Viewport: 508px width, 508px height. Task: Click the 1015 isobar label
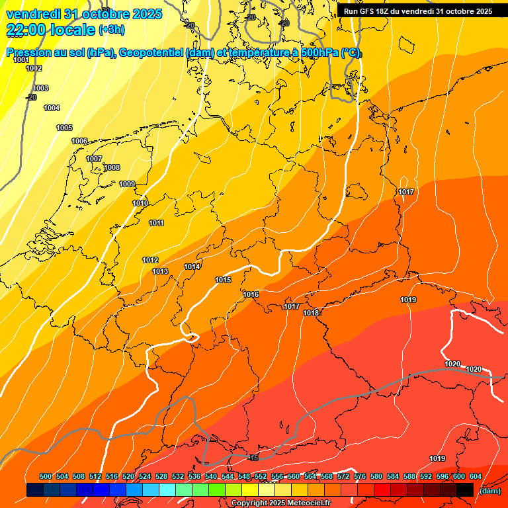click(223, 280)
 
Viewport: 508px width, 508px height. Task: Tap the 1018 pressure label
click(311, 313)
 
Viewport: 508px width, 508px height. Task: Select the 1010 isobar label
click(140, 203)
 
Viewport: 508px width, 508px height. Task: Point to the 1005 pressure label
click(64, 128)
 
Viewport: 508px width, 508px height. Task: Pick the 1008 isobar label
click(112, 167)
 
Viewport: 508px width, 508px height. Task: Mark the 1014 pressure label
click(192, 267)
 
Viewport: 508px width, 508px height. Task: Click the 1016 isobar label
click(251, 294)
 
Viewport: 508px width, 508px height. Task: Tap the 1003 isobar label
click(40, 88)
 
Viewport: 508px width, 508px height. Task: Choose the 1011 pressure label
click(156, 223)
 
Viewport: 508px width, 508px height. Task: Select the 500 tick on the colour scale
click(46, 476)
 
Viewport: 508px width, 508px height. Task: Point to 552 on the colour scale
click(261, 476)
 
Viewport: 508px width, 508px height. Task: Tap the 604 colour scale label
click(476, 476)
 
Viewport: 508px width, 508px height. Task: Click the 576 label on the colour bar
click(360, 476)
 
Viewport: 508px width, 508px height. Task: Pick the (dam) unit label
click(489, 491)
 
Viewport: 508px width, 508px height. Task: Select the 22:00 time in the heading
click(26, 30)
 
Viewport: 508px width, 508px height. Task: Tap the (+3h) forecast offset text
click(111, 30)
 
